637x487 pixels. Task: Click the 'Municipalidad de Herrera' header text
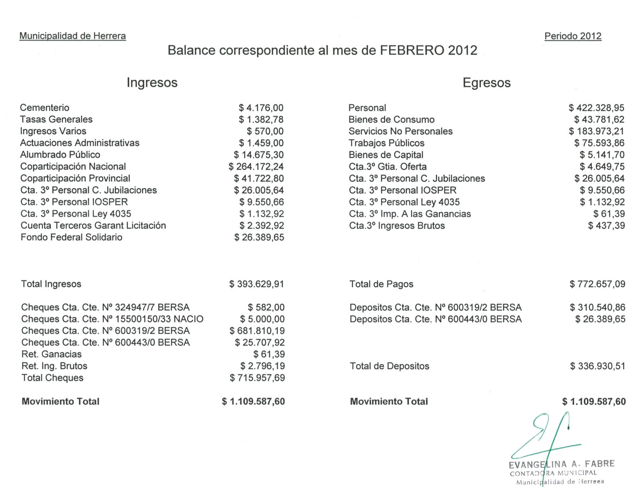[72, 36]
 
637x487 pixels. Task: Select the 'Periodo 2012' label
[573, 36]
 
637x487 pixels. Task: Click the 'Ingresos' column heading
[152, 82]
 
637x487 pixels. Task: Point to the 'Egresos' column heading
[486, 82]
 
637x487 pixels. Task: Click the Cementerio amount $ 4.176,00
[261, 108]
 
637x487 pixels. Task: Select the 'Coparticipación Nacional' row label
[73, 166]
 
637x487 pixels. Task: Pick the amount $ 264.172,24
[256, 166]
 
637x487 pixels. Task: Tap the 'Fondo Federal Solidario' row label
[71, 237]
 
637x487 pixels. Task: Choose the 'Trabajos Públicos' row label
[386, 143]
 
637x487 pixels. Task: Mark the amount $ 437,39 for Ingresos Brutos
[606, 226]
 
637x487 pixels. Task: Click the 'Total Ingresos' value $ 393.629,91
[256, 284]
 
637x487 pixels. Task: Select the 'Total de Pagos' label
[381, 284]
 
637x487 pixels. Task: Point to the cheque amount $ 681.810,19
[257, 330]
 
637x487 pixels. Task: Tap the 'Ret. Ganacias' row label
[51, 354]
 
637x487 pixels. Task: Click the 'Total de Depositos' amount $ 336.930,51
[597, 366]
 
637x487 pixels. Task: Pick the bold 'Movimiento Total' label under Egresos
[389, 401]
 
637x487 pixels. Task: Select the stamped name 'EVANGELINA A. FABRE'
[561, 464]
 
